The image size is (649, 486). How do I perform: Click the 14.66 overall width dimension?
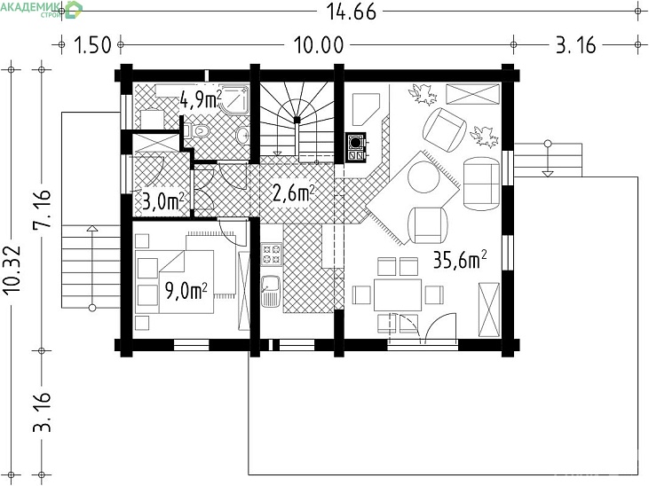pyautogui.click(x=352, y=12)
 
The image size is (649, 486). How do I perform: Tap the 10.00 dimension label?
pyautogui.click(x=319, y=44)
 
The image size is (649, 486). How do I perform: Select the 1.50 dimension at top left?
pyautogui.click(x=92, y=44)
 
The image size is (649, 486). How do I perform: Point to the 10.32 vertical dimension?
pyautogui.click(x=12, y=270)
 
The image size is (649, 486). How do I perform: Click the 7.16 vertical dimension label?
pyautogui.click(x=42, y=208)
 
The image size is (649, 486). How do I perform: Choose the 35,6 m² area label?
pyautogui.click(x=459, y=260)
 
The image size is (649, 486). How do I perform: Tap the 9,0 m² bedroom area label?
pyautogui.click(x=186, y=290)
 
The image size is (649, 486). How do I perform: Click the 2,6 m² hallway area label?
pyautogui.click(x=294, y=192)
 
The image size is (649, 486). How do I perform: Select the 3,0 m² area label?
pyautogui.click(x=162, y=202)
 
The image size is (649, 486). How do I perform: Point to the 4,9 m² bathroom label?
pyautogui.click(x=201, y=99)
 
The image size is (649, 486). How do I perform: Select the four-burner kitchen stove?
pyautogui.click(x=272, y=255)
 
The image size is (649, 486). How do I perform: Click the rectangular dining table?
pyautogui.click(x=398, y=295)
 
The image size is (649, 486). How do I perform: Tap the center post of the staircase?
pyautogui.click(x=297, y=120)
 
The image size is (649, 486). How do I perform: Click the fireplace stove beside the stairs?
pyautogui.click(x=356, y=147)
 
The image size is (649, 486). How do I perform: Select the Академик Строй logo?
pyautogui.click(x=42, y=9)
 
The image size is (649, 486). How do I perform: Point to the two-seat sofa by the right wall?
pyautogui.click(x=481, y=184)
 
